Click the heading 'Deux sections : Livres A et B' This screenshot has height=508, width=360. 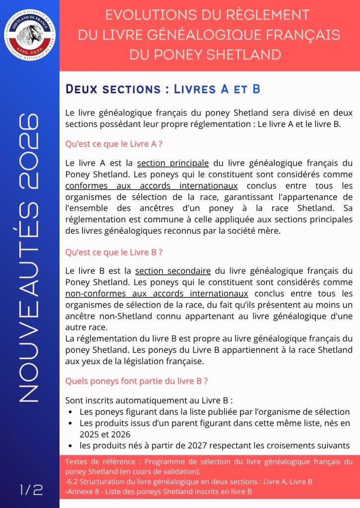click(163, 89)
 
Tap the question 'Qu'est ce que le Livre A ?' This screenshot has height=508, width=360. click(114, 144)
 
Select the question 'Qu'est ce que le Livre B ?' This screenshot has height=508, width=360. click(114, 252)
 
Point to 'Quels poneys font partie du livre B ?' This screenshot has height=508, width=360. click(136, 381)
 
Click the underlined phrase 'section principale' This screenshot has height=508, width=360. click(173, 163)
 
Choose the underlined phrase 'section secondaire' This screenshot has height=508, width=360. click(173, 271)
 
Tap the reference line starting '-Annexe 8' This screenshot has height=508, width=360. click(159, 492)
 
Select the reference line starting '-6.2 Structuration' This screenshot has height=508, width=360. click(188, 481)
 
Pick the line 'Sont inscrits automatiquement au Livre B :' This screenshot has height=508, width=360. click(149, 400)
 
